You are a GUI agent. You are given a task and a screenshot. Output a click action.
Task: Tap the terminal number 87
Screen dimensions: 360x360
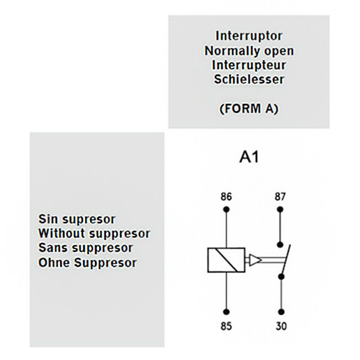(280, 197)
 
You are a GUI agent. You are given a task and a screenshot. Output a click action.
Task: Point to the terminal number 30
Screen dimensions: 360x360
(280, 326)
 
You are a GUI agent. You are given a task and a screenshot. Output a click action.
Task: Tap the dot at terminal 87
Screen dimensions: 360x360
(280, 210)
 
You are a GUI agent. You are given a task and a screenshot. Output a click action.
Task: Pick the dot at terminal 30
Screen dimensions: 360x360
(280, 311)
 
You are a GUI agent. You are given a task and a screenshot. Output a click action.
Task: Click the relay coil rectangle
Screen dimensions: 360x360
(225, 260)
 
